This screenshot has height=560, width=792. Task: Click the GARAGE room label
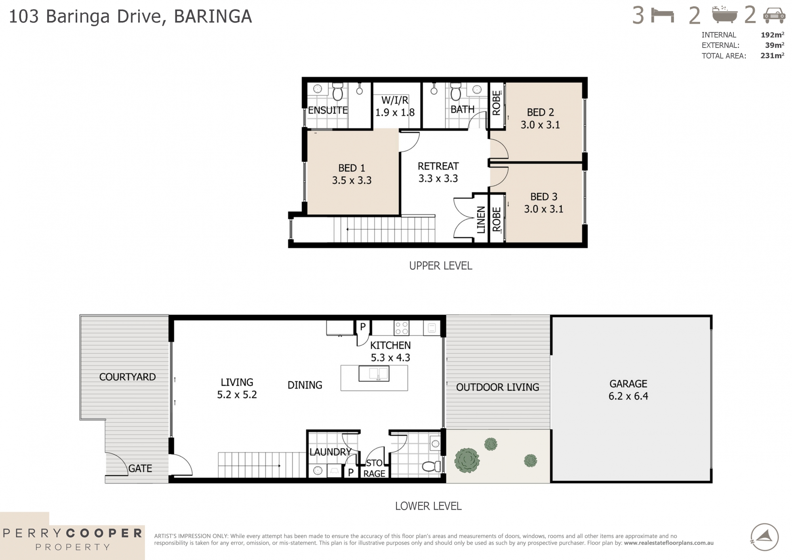[628, 384]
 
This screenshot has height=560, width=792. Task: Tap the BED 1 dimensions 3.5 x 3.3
[352, 181]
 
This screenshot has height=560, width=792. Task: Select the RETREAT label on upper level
[438, 166]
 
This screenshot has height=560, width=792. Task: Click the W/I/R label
[395, 100]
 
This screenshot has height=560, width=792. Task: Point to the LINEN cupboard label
[481, 219]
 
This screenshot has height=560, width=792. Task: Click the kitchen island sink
[374, 373]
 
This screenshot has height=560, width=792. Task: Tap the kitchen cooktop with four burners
[401, 328]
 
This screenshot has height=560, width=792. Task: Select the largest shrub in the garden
[467, 460]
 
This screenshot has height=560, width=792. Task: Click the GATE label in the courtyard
[140, 469]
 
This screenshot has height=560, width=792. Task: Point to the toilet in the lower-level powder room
[431, 466]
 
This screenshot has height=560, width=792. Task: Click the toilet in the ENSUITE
[337, 93]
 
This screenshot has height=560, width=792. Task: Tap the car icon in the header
[774, 15]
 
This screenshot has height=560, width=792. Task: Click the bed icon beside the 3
[663, 16]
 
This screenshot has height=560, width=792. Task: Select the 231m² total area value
[772, 56]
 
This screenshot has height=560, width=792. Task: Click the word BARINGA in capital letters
[213, 17]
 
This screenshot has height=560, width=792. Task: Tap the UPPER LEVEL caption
[440, 266]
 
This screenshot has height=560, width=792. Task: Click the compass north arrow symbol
[765, 537]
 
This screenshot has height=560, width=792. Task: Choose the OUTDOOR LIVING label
[497, 387]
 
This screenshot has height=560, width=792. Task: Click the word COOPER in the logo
[104, 533]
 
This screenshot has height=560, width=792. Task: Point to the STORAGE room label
[374, 468]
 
